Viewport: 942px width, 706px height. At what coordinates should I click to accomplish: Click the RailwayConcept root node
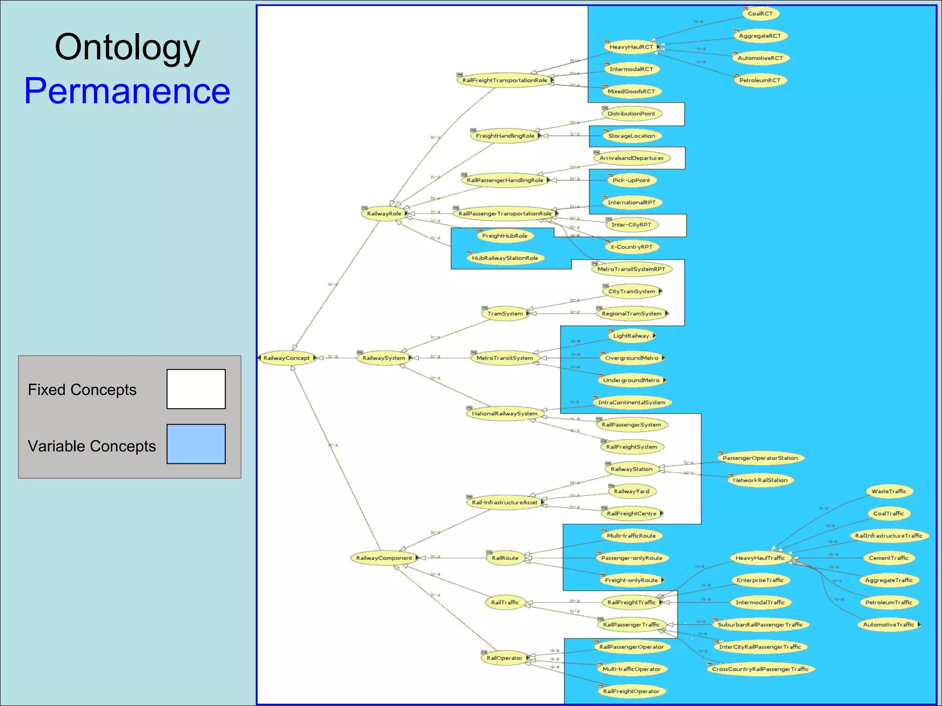pos(287,358)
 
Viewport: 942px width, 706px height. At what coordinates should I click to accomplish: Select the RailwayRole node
pos(384,214)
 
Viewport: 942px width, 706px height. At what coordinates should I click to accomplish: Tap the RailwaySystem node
pos(384,358)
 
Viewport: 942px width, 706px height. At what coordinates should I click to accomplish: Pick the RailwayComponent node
pos(384,558)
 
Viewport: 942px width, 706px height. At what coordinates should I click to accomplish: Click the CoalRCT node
pos(760,14)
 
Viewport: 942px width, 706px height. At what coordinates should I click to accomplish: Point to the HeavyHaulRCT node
pos(631,47)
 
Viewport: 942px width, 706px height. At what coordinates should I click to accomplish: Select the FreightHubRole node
pos(505,236)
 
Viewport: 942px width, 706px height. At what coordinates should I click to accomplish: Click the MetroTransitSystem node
pos(505,358)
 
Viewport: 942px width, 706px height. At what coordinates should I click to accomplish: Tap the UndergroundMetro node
pos(631,380)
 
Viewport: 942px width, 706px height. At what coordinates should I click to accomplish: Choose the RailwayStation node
pos(632,469)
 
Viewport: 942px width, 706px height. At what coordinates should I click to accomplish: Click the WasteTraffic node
pos(889,491)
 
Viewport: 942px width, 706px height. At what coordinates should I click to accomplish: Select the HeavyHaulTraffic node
pos(760,558)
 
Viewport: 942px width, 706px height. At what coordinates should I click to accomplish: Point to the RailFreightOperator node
pos(631,691)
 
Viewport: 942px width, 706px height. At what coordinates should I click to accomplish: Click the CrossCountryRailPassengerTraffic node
pos(760,669)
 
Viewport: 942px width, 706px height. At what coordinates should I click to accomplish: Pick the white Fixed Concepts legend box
pos(196,389)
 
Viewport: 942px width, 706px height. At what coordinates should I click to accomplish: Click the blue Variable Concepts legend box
pos(196,444)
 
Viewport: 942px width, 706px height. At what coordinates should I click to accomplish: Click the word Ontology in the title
pos(127,47)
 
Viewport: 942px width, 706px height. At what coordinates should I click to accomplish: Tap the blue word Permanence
pos(127,91)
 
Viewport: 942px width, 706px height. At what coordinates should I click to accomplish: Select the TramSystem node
pos(505,313)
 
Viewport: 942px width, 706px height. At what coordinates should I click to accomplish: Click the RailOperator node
pos(505,658)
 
